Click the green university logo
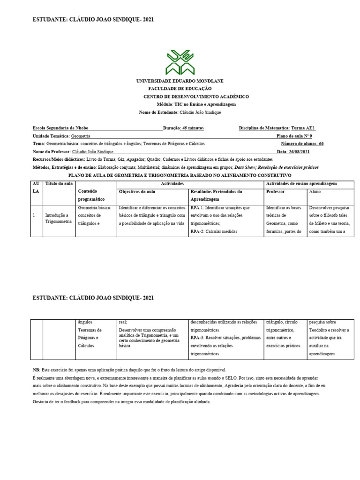[x=180, y=62]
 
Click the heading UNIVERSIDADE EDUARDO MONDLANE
[x=180, y=81]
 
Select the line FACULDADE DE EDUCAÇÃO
[x=180, y=89]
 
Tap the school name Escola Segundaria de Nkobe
[x=60, y=128]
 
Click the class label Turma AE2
[x=303, y=128]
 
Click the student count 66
[x=321, y=144]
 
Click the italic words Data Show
[x=245, y=167]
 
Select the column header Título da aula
[x=59, y=184]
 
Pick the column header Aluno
[x=315, y=192]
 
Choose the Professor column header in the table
[x=276, y=192]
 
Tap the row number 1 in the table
[x=34, y=215]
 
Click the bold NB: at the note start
[x=37, y=370]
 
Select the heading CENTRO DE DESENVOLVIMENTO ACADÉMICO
[x=196, y=97]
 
